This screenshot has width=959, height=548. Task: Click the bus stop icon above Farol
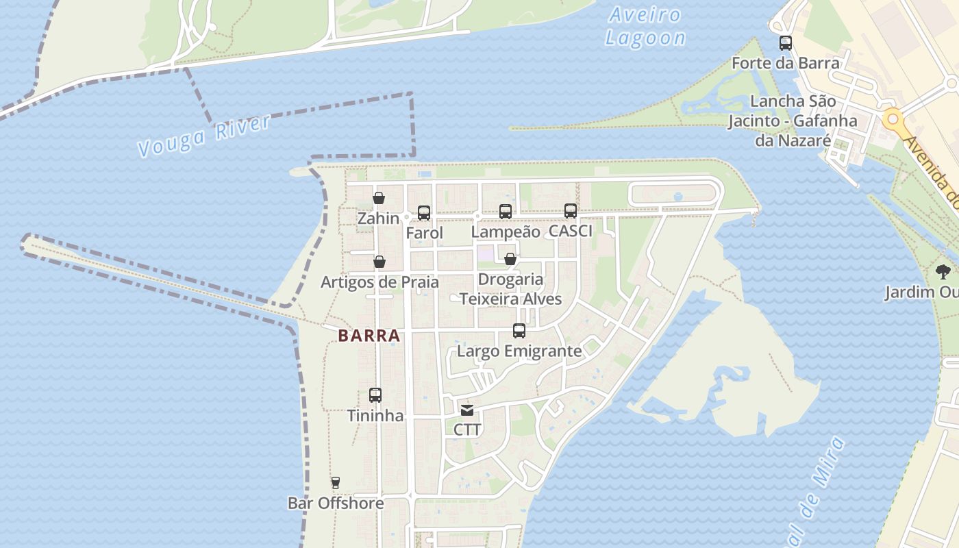point(424,213)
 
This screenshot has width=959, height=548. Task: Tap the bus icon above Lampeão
point(506,212)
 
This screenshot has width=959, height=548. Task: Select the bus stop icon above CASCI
point(571,211)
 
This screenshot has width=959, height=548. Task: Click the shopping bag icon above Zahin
point(379,198)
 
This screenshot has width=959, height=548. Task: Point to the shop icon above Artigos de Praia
point(379,262)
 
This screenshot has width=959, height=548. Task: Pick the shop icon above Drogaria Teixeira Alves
point(510,259)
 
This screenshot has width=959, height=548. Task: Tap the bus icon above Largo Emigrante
point(519,331)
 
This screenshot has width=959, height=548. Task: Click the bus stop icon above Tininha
point(375,395)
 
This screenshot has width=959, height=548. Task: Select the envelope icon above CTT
point(467,410)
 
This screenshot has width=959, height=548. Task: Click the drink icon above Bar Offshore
point(335,483)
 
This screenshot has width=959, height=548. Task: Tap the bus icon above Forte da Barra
point(786,43)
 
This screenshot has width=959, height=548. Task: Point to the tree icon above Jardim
point(944,271)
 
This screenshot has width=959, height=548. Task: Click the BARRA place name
point(369,336)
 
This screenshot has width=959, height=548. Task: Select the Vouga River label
point(204,136)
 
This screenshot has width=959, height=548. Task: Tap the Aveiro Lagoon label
point(645,27)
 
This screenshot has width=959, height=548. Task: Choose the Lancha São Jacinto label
point(793,121)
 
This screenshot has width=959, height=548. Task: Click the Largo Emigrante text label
point(519,351)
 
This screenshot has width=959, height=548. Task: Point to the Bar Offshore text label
point(336,503)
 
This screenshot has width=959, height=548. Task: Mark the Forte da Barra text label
point(786,64)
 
